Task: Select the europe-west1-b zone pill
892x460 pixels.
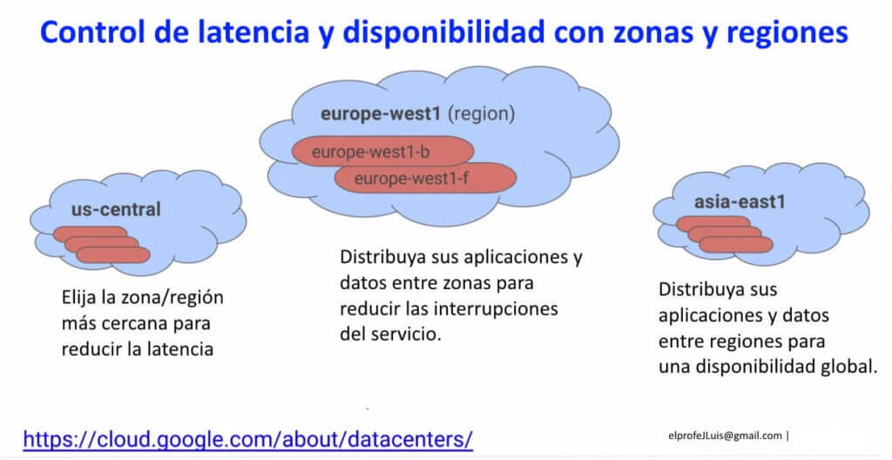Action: coord(383,152)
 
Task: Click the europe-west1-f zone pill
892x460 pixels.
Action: coord(425,179)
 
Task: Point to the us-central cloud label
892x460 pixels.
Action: coord(116,209)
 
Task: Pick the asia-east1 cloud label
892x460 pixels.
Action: coord(740,202)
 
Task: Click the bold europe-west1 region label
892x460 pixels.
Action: coord(381,114)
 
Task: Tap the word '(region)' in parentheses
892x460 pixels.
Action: coord(481,114)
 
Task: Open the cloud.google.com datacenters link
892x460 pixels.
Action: coord(248,439)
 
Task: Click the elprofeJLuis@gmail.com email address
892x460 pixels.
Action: coord(726,436)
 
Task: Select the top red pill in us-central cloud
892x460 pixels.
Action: coord(91,233)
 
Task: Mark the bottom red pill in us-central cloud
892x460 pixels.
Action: coord(113,254)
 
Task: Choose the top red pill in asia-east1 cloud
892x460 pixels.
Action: coord(713,224)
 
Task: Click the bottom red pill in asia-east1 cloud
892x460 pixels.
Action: coord(736,245)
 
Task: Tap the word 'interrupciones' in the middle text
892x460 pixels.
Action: coord(496,309)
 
